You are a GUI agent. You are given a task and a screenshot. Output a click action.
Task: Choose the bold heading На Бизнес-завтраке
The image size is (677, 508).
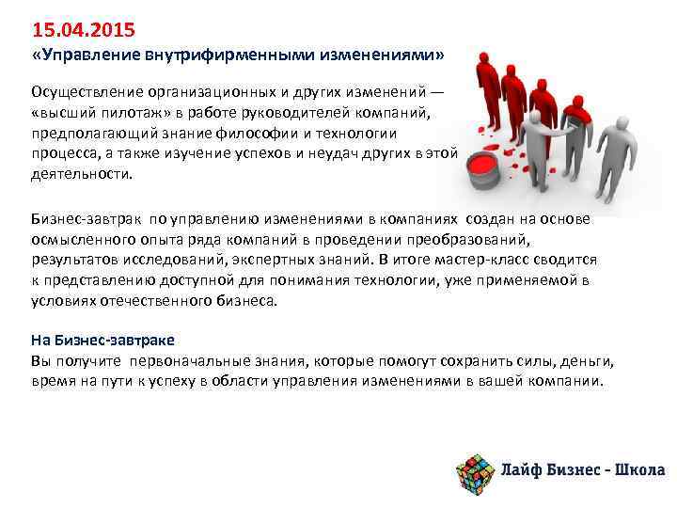click(x=102, y=341)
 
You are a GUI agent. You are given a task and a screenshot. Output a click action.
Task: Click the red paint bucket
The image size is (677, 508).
click(x=482, y=166)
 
